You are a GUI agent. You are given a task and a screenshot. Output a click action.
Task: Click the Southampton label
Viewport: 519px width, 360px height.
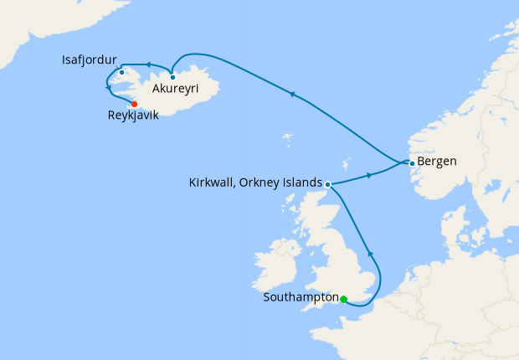(300, 297)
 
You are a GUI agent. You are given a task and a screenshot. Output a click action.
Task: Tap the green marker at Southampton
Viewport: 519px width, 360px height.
(344, 298)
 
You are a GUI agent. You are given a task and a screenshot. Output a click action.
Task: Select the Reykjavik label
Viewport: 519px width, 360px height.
(139, 118)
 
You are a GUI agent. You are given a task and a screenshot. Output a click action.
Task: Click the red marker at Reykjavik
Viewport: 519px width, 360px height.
(135, 104)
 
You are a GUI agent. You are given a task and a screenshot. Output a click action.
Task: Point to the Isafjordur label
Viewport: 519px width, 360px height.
(89, 61)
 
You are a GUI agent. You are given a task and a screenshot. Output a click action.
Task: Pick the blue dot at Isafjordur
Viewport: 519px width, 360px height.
(121, 72)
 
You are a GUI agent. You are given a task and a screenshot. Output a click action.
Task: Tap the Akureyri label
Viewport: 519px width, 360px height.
(181, 86)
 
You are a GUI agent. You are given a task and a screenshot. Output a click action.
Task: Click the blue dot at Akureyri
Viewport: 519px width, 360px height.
(172, 77)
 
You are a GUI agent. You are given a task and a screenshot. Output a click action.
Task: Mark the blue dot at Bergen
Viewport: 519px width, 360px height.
(412, 162)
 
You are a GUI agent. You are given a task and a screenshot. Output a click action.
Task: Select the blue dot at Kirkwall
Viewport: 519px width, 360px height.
(328, 184)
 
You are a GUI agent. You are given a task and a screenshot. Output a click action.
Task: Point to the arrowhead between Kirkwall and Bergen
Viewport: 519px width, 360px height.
(369, 176)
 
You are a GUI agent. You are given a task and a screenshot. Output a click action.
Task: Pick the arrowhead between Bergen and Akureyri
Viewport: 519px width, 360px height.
(292, 95)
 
